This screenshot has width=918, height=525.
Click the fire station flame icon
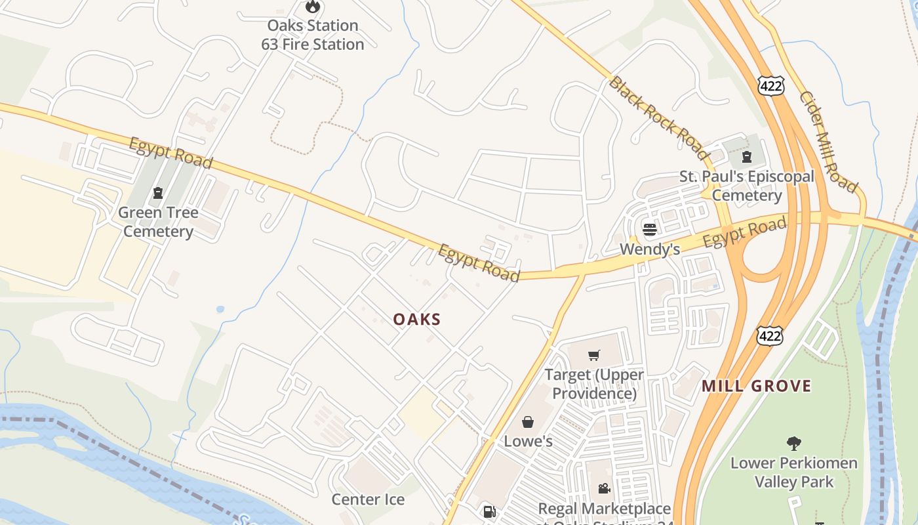click(x=313, y=7)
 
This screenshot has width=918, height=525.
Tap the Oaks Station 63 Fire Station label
click(x=313, y=35)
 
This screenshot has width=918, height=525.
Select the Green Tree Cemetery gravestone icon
click(x=157, y=193)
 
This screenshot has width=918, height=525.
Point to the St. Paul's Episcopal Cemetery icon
click(x=746, y=157)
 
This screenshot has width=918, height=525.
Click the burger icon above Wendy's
click(x=650, y=229)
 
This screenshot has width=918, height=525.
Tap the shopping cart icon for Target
click(x=593, y=355)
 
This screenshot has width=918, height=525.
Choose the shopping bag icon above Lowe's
click(x=528, y=422)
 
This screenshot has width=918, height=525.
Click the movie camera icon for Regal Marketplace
click(x=604, y=489)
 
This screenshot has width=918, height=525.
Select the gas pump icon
click(x=489, y=512)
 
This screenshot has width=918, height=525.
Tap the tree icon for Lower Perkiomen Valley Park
click(x=793, y=444)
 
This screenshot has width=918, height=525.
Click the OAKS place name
click(x=417, y=320)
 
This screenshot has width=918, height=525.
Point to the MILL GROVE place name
click(x=757, y=386)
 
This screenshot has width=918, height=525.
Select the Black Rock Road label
click(x=658, y=119)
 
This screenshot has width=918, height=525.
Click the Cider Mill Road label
click(x=828, y=141)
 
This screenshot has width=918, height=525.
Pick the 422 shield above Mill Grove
click(x=769, y=335)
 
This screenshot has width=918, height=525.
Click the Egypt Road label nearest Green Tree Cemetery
click(x=170, y=153)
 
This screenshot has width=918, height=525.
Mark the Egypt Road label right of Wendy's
click(x=744, y=234)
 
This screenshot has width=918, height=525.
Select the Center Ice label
click(x=368, y=499)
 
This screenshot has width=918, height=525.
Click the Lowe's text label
click(x=528, y=442)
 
